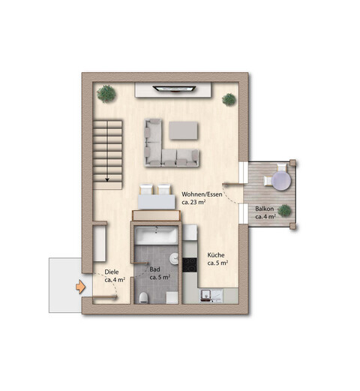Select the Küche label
coord(216,259)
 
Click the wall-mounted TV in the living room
coord(175,89)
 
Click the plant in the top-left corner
coord(106,93)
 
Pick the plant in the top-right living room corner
coord(229,98)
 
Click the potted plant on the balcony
coord(284,211)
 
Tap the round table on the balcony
coord(280,180)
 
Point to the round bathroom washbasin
coord(174,260)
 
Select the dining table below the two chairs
coord(156,201)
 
